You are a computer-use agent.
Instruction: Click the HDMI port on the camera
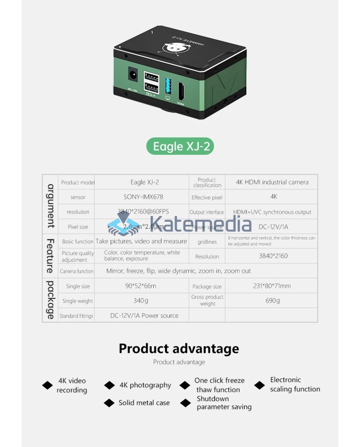tap(181, 92)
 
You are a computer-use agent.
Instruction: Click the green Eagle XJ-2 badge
tap(180, 147)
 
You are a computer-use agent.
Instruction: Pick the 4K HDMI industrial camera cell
tap(272, 182)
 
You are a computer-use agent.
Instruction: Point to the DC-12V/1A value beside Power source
tap(274, 227)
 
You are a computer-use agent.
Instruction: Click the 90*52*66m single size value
tap(140, 286)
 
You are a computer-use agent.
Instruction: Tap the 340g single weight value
tap(140, 301)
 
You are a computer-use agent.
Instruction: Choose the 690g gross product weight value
tap(273, 301)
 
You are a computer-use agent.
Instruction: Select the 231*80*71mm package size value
tap(272, 286)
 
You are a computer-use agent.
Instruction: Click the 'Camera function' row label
tap(77, 271)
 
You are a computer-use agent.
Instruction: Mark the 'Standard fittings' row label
tap(77, 316)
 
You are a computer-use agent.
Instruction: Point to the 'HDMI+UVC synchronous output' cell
tap(272, 212)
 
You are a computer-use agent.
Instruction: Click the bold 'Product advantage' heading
tap(179, 349)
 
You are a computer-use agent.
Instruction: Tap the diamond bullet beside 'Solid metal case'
tap(109, 403)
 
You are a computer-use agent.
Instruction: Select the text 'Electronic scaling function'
tap(295, 385)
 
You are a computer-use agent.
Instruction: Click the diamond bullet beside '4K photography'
tap(110, 385)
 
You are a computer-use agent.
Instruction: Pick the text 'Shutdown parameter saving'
tap(224, 403)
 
